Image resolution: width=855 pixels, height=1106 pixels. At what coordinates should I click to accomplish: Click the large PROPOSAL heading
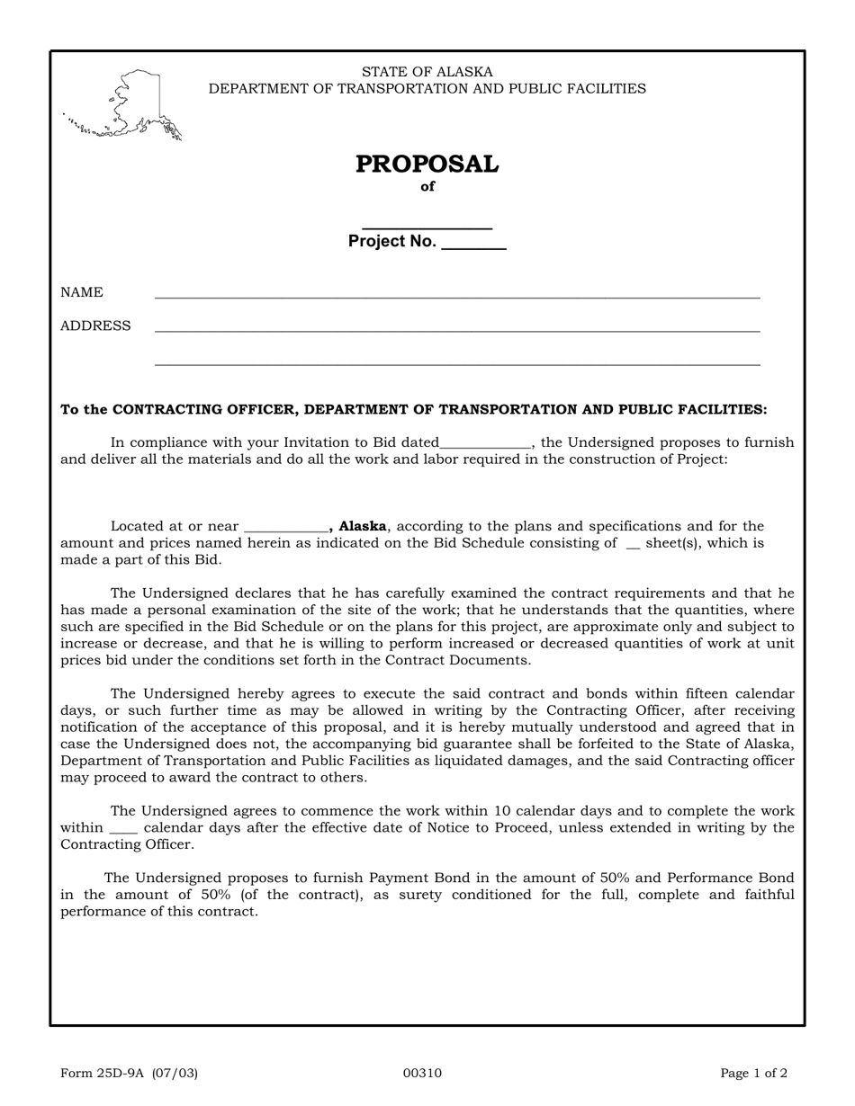click(x=427, y=165)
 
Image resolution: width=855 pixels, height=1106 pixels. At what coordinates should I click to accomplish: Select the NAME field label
click(x=82, y=293)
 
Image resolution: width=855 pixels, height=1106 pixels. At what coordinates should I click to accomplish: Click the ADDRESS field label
click(x=95, y=326)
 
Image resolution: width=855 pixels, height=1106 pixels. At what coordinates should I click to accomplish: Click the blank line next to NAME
click(x=457, y=296)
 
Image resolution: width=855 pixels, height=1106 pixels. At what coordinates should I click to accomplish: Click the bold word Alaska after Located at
click(x=362, y=526)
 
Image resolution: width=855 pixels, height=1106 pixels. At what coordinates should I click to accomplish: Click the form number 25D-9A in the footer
click(x=129, y=1073)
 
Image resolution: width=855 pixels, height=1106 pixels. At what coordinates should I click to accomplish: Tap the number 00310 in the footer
click(x=422, y=1073)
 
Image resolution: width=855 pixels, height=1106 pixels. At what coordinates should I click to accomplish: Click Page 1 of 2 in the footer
click(x=754, y=1073)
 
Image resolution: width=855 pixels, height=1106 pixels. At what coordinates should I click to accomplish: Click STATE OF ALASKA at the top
click(x=427, y=72)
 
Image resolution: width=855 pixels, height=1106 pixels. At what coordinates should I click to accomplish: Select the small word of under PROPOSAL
click(x=427, y=187)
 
